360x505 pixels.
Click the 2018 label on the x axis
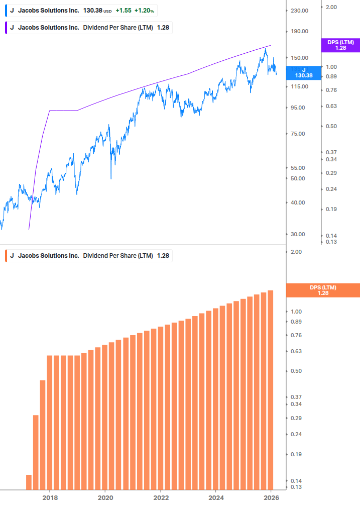pos(50,497)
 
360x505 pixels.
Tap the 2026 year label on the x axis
pos(271,497)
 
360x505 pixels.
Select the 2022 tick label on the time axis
pos(160,497)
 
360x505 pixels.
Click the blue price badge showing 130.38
pos(303,73)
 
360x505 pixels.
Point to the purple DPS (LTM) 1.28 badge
pos(340,45)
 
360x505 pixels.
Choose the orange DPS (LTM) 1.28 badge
pos(322,290)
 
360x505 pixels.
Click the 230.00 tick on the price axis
pos(299,11)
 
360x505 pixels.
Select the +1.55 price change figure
pos(124,11)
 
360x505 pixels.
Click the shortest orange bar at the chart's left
pos(29,481)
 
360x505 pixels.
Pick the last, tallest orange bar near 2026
pos(270,389)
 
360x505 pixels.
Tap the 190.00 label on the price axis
pos(299,32)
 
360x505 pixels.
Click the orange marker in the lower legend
pos(5,256)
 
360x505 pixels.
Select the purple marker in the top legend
pos(5,28)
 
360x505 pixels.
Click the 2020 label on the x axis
pos(105,497)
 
